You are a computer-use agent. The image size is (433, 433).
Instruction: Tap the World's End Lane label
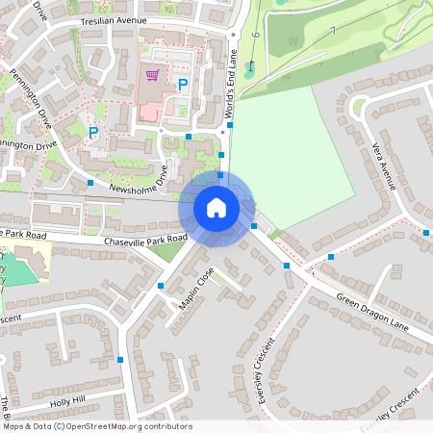pos(230,86)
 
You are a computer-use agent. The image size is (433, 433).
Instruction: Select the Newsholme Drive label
pos(139,180)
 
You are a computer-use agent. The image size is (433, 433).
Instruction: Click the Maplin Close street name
pos(196,290)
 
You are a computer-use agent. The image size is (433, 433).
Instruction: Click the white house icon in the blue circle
pos(216,207)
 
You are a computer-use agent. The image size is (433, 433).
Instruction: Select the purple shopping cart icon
pos(151,74)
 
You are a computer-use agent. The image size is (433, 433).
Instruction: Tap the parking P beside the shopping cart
pos(182,86)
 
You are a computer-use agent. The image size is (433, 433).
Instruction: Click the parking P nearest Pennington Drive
pos(93,132)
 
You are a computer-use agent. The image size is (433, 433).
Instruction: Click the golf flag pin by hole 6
pos(249,65)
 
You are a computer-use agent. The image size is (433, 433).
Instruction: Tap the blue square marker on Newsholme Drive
pos(90,182)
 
